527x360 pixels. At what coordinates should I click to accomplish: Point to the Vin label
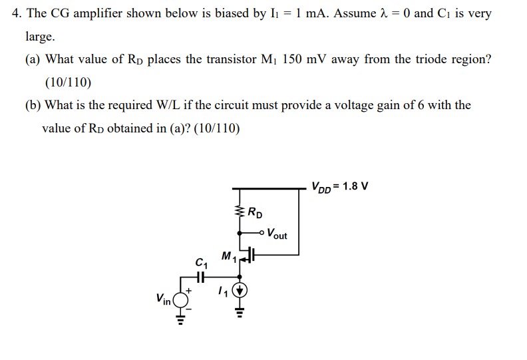[x=162, y=299]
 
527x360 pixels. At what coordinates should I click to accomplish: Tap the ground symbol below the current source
[x=240, y=311]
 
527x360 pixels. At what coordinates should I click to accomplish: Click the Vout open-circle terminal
[x=263, y=234]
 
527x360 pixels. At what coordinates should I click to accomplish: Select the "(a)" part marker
[x=33, y=59]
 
